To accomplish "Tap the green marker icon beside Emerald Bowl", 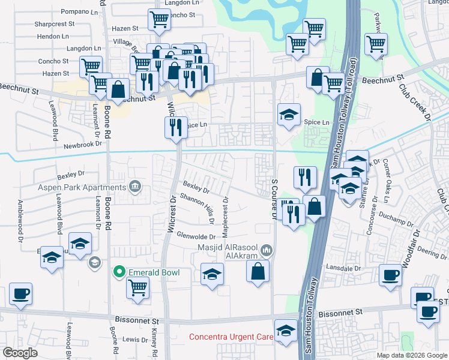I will click(x=119, y=272).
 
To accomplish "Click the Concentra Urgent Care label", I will click(x=231, y=337).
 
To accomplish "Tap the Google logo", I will click(x=20, y=353).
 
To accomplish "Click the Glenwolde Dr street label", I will click(x=196, y=236).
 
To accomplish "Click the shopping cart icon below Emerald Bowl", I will click(x=137, y=289).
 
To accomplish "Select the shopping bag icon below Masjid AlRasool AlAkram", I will click(x=257, y=271).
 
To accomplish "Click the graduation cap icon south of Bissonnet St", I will click(x=286, y=331).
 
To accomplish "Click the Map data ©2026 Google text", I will click(x=411, y=355).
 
